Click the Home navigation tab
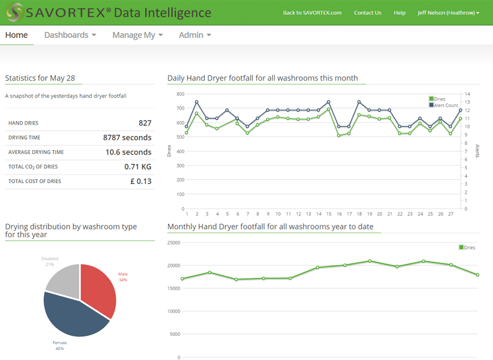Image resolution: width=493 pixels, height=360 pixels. click(x=17, y=35)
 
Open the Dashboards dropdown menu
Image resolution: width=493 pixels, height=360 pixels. click(x=70, y=35)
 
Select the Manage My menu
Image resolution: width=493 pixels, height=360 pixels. click(x=137, y=35)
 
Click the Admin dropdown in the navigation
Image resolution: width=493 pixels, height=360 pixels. click(x=195, y=35)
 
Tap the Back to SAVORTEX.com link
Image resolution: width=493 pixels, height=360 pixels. click(x=312, y=13)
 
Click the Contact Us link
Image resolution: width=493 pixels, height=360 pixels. click(x=367, y=13)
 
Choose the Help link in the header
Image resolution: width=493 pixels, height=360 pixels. click(x=399, y=13)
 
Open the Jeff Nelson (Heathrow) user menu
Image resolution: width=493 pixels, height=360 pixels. click(x=448, y=13)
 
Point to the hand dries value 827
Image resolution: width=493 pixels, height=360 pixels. click(x=144, y=123)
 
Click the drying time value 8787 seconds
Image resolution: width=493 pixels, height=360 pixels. click(x=127, y=138)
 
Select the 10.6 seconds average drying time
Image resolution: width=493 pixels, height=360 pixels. click(x=128, y=152)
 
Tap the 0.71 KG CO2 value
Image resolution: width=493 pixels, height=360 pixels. click(x=138, y=167)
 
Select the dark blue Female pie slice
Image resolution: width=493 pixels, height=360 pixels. click(x=71, y=315)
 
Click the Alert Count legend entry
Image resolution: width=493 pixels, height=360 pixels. click(x=446, y=106)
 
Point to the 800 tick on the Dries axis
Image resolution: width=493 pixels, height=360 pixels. click(x=180, y=94)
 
